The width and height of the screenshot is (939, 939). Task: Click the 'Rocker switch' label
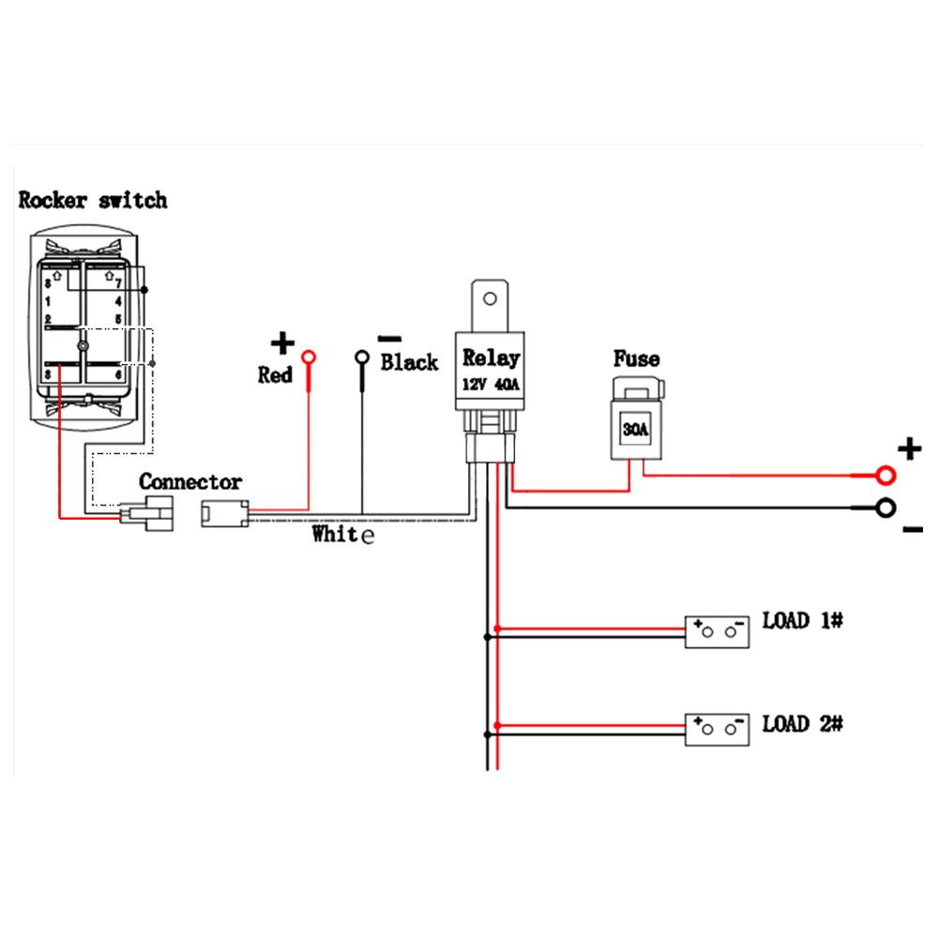[93, 200]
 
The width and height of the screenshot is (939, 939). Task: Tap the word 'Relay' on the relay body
[491, 358]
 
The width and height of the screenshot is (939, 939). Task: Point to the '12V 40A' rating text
[491, 385]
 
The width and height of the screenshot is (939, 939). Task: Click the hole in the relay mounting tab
[490, 298]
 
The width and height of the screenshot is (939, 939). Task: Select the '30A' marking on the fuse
[635, 429]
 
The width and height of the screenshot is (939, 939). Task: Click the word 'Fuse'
[636, 358]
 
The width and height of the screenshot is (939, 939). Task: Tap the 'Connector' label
[190, 481]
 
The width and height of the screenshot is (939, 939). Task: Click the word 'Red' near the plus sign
[275, 375]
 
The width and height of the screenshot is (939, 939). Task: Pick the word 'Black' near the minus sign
[410, 362]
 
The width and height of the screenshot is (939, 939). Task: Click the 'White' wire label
[343, 534]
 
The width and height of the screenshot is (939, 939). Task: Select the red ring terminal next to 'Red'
[309, 358]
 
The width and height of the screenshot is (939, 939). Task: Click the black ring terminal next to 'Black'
[362, 358]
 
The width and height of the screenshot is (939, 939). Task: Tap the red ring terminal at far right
[886, 476]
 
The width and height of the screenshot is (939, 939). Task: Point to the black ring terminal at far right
[886, 508]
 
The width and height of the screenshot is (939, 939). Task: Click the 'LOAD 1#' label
[802, 620]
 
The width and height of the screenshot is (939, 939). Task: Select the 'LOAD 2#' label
[802, 724]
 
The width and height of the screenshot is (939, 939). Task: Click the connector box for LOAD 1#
[717, 632]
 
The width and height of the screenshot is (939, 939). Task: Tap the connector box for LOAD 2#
[717, 730]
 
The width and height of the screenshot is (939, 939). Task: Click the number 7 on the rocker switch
[118, 284]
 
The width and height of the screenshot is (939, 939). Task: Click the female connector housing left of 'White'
[224, 514]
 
